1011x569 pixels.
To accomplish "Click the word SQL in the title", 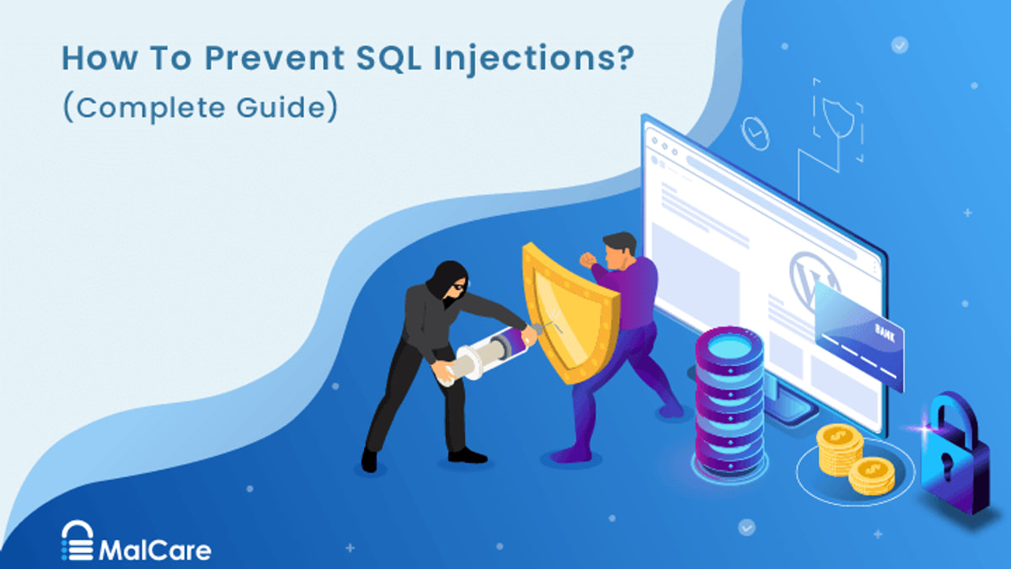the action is pyautogui.click(x=388, y=58).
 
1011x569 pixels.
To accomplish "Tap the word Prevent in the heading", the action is pyautogui.click(x=275, y=58).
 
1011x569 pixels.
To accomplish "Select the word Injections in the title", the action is pyautogui.click(x=533, y=60).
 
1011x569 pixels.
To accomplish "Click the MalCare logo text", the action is pyautogui.click(x=155, y=550).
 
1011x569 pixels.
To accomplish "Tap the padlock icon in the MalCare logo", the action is pyautogui.click(x=78, y=540).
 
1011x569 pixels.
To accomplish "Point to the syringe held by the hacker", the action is pyautogui.click(x=488, y=356).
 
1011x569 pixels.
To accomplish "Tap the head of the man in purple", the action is pyautogui.click(x=621, y=250).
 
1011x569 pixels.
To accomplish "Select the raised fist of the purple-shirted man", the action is pyautogui.click(x=588, y=260).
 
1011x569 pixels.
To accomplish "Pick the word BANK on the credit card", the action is pyautogui.click(x=885, y=332).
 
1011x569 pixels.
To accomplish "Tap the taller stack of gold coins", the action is pyautogui.click(x=840, y=449).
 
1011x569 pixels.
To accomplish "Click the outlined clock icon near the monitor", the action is pyautogui.click(x=756, y=133).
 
